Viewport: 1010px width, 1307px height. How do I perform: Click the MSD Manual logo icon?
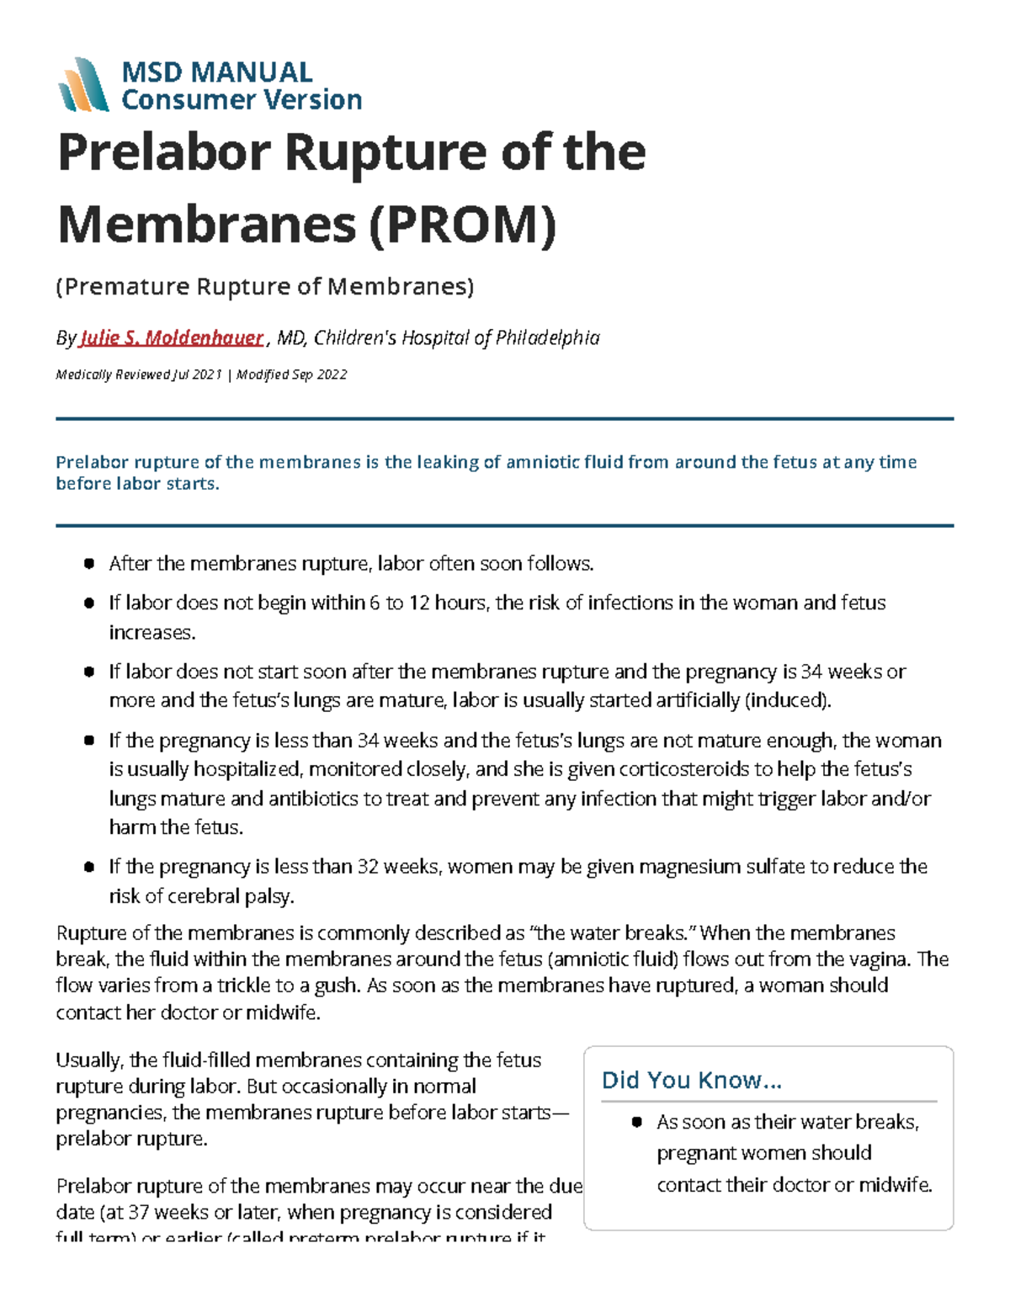pos(82,85)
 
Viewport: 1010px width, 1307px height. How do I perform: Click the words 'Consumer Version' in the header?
pos(242,100)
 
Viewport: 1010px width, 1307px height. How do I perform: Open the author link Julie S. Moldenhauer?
pos(171,338)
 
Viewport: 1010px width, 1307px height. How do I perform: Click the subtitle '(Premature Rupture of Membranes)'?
pos(265,287)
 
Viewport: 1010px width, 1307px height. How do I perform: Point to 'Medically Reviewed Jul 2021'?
pos(139,375)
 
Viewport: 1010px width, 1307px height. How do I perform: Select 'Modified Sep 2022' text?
pos(292,375)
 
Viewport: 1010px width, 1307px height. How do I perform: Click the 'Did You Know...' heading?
pos(692,1080)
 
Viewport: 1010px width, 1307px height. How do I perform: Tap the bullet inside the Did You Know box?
pos(637,1122)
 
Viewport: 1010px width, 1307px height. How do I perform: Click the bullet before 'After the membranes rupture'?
pos(88,564)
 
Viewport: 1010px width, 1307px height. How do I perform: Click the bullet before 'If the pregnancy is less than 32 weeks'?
pos(88,867)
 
